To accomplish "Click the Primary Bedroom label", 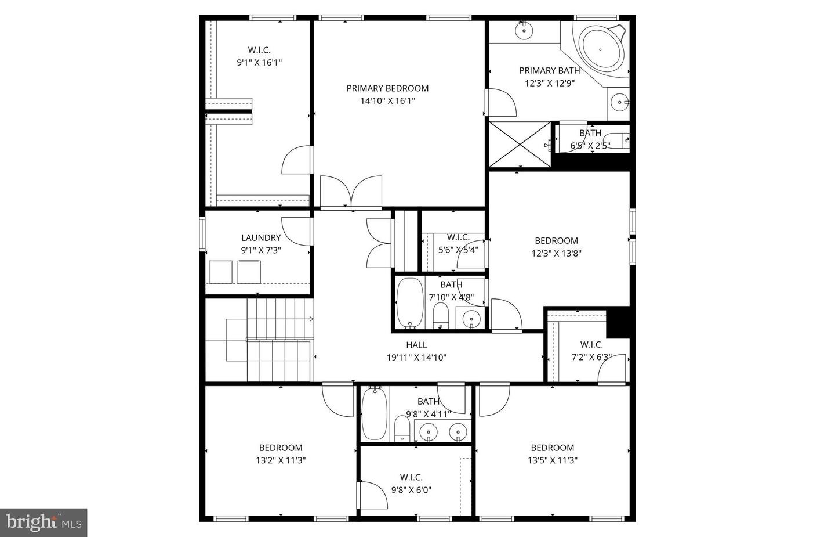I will point(387,88).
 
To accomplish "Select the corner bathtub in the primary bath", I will point(603,49).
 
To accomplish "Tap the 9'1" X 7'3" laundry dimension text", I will point(261,250).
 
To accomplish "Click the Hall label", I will point(416,345).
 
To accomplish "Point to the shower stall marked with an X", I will point(519,145).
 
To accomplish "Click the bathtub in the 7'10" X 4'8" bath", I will point(411,304).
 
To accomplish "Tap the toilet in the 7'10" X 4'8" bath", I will point(441,315).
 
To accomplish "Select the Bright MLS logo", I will point(43,522).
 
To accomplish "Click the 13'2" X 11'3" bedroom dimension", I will point(281,460).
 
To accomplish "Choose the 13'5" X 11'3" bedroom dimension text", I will point(552,460).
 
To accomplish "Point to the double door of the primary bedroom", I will point(351,192).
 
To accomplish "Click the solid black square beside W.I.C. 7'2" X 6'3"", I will point(618,323).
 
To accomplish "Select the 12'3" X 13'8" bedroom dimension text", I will point(556,253).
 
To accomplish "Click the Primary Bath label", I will point(549,70).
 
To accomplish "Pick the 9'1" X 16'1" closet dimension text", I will point(259,63).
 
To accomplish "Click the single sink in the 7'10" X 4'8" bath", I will point(471,318).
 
